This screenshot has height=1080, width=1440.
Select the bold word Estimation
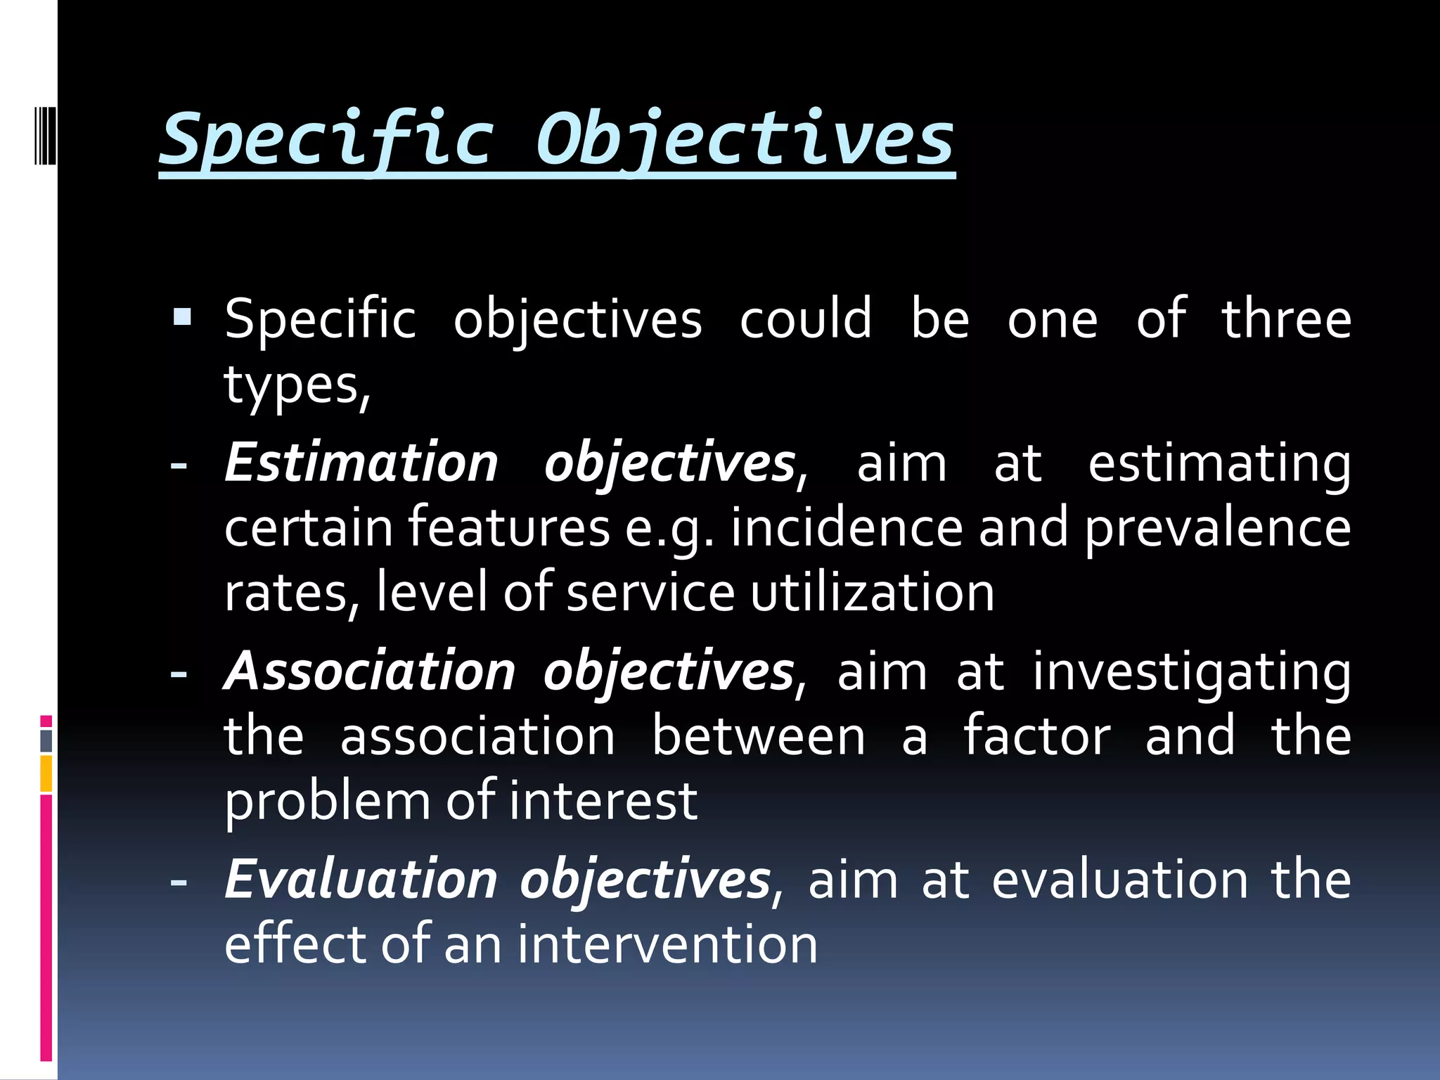coord(361,463)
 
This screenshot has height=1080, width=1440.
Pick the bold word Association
coord(370,671)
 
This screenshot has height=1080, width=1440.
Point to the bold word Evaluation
coord(361,879)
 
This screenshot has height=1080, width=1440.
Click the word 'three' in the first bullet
coord(1286,319)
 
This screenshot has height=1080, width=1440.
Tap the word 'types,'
coord(297,386)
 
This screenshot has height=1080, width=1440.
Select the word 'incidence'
coord(846,528)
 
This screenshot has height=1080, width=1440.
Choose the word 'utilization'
coord(872,593)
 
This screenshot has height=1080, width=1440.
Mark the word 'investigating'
coord(1191,672)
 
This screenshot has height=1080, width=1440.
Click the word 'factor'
coord(1036,736)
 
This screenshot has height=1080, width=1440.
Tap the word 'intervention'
coord(668,944)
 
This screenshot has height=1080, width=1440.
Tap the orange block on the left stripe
coord(46,773)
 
